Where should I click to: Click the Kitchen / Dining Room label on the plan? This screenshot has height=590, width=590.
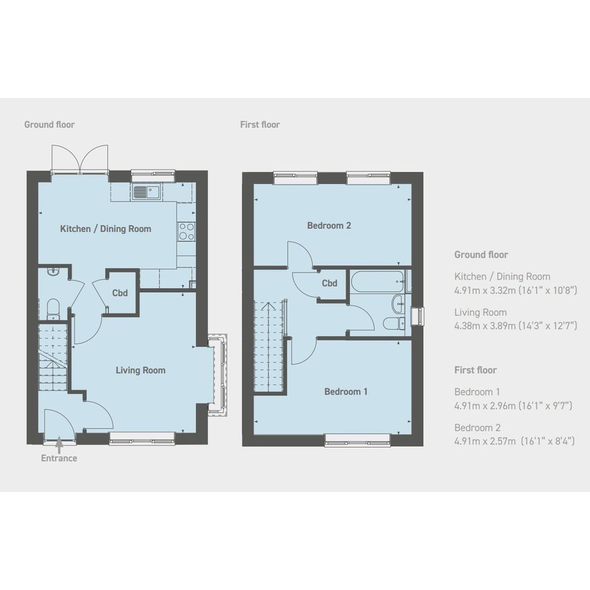[x=106, y=229]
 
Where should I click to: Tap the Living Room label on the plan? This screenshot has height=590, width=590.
[x=140, y=370]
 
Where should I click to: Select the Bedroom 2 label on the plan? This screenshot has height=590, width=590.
[x=329, y=225]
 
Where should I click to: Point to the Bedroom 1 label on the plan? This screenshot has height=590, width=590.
[x=345, y=391]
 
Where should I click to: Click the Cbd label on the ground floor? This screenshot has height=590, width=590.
[x=120, y=293]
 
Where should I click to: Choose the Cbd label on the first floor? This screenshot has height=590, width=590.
[x=329, y=283]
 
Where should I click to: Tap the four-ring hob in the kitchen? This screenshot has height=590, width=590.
[x=186, y=232]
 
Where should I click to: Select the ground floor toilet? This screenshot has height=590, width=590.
[x=53, y=309]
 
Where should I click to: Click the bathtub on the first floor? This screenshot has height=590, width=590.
[x=378, y=282]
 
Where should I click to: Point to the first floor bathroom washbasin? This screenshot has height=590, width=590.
[x=398, y=303]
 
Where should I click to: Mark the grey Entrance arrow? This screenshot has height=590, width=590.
[x=59, y=445]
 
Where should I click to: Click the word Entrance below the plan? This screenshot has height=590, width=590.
[x=59, y=458]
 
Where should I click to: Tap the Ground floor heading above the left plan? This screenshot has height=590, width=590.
[x=49, y=124]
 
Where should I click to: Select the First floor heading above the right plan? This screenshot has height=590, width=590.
[x=260, y=124]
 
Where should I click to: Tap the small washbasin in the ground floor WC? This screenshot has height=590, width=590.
[x=53, y=271]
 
